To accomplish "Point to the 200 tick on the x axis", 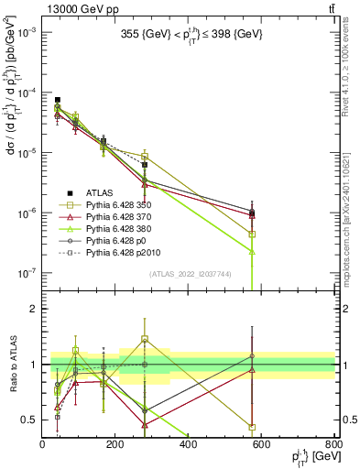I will pos(115,444).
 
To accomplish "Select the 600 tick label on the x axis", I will pos(262,444).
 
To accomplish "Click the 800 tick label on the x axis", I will pos(333,444).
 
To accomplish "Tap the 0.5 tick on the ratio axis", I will pos(30,420).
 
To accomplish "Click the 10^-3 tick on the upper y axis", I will pos(27,32).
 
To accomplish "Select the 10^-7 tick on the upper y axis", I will pos(27,273).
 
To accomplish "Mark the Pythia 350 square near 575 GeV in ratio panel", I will pos(252,427).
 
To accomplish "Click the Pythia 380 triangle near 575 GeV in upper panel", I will pos(252,251).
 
